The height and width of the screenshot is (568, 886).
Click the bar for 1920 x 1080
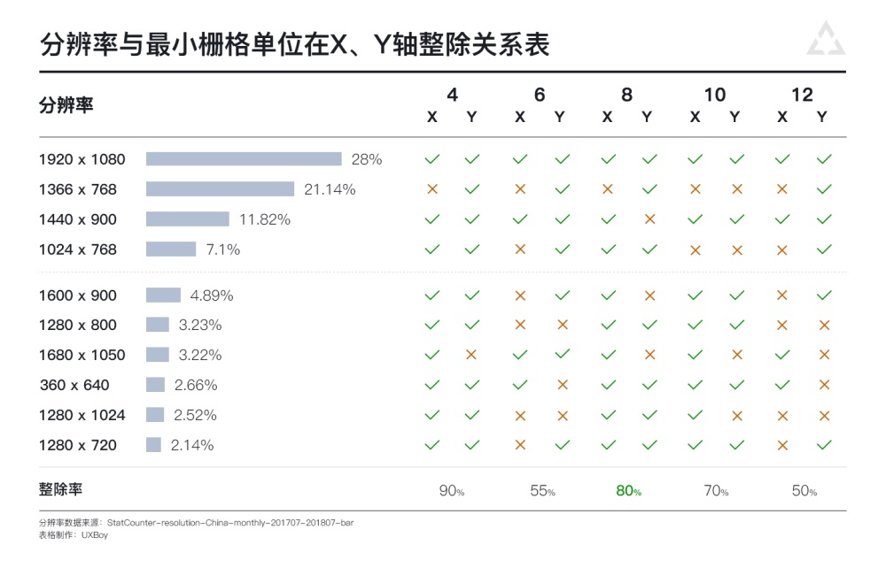click(244, 159)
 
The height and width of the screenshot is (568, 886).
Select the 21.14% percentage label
click(330, 189)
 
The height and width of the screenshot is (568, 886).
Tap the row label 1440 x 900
click(78, 219)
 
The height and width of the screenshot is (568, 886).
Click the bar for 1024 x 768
click(171, 249)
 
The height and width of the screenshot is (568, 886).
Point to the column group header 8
click(627, 96)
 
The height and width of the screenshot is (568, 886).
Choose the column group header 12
click(802, 96)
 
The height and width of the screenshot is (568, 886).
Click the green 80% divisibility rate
click(628, 491)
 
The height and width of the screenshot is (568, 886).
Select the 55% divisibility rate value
click(540, 491)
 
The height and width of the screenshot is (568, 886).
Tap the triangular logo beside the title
click(826, 40)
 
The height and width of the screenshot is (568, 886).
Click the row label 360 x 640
click(74, 385)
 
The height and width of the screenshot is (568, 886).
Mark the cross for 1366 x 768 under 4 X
click(432, 189)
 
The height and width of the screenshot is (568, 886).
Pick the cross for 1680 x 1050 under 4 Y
click(471, 355)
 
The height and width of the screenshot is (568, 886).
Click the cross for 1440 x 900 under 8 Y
click(649, 219)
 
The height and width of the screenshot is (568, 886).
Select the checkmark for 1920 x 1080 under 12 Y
click(824, 159)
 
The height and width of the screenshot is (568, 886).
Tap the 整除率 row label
click(60, 490)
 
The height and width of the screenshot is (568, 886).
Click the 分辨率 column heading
click(66, 105)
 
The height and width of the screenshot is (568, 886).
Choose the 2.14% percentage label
click(192, 445)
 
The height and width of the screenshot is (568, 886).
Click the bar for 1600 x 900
click(163, 295)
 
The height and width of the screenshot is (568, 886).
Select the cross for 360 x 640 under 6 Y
click(562, 385)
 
